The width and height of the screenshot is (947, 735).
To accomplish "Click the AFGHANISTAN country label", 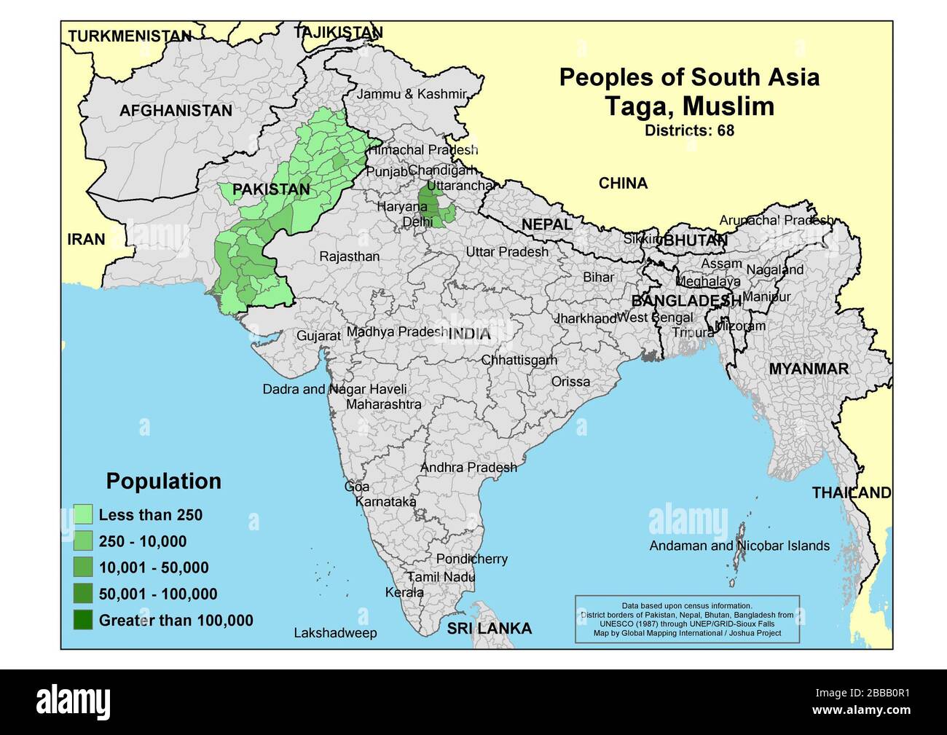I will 176,111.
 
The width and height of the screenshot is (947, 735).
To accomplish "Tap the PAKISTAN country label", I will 270,190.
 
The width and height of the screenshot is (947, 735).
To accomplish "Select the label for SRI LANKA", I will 489,629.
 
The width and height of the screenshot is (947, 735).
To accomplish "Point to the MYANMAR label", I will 809,369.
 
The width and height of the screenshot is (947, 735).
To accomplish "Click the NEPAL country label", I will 546,225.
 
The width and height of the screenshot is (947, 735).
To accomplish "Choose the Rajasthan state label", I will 349,256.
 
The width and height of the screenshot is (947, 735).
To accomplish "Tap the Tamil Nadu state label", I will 441,577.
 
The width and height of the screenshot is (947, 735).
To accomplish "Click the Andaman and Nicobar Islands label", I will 739,546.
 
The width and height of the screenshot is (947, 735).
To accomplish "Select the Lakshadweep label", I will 335,633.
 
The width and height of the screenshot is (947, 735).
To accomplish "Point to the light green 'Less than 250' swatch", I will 83,515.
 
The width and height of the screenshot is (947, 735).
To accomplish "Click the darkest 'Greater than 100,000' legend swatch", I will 83,621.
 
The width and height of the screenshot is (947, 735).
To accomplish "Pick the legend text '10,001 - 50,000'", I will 154,568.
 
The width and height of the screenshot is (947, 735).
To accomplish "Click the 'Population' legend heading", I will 163,482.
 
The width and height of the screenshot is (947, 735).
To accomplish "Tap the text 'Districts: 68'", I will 688,131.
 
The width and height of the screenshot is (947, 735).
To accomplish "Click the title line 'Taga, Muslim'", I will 689,106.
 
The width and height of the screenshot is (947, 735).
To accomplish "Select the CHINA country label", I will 623,184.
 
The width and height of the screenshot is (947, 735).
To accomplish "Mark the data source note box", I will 687,619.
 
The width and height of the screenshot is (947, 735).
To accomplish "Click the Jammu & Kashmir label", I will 411,94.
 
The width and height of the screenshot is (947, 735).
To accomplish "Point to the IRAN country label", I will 86,240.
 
